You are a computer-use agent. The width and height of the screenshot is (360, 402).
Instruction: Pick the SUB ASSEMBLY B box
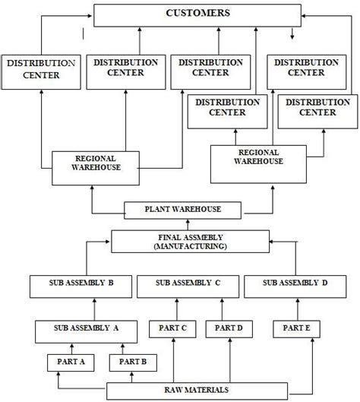[x=82, y=286]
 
